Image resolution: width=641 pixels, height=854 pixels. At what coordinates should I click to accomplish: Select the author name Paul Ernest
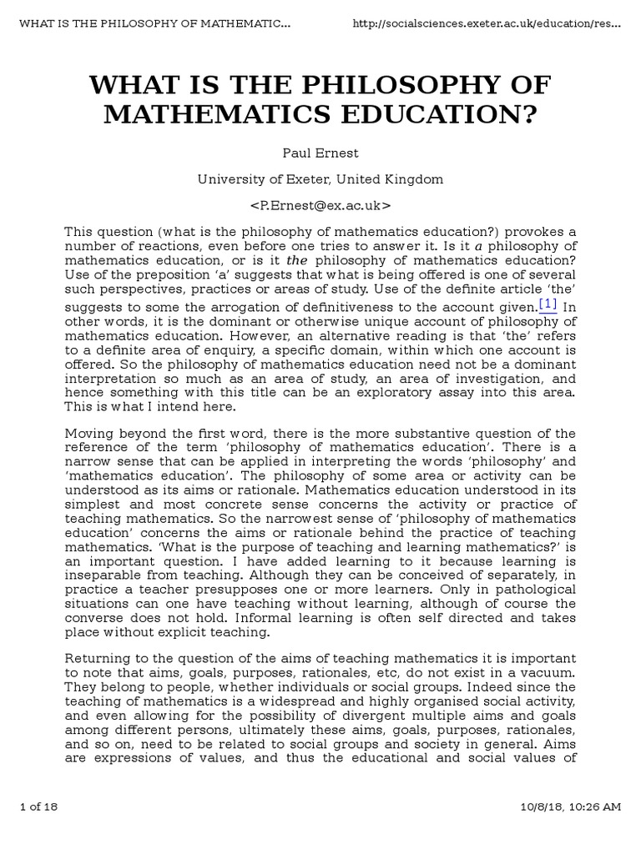(320, 154)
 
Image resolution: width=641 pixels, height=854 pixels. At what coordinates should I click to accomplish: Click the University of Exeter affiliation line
(320, 179)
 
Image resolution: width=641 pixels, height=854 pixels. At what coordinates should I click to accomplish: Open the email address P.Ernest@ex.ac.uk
(320, 204)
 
